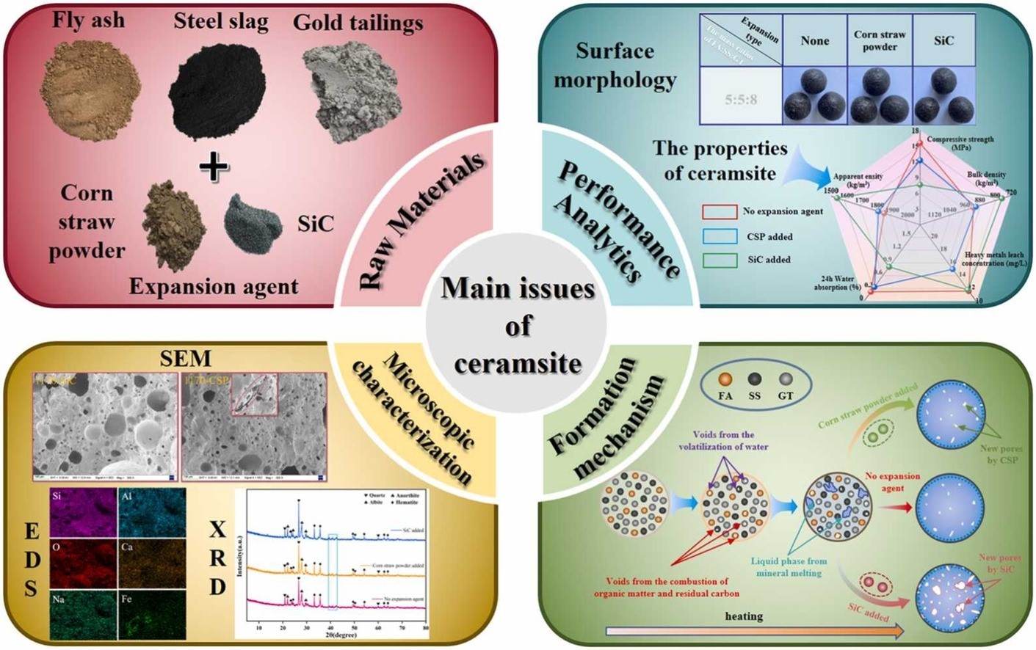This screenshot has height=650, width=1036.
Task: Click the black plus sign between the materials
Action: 214,167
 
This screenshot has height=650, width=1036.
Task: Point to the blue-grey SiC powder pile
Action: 252,220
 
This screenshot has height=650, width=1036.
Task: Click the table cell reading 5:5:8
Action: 741,99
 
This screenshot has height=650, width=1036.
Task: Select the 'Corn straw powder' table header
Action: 880,40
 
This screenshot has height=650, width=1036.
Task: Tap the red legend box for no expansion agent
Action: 720,211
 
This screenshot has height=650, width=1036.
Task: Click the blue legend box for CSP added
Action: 720,236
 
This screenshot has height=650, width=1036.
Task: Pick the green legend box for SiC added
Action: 720,260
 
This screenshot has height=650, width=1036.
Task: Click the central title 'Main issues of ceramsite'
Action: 518,325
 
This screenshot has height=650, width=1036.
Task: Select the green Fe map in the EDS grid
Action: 152,615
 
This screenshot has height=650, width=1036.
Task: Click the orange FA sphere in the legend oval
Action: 725,380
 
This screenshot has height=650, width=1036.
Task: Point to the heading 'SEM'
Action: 186,358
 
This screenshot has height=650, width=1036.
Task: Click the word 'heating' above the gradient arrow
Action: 743,616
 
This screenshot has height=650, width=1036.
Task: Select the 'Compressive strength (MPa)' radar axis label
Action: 960,143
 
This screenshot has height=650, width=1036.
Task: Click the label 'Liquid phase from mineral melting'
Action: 788,566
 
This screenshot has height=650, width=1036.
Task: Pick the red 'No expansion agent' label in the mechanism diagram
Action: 892,481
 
